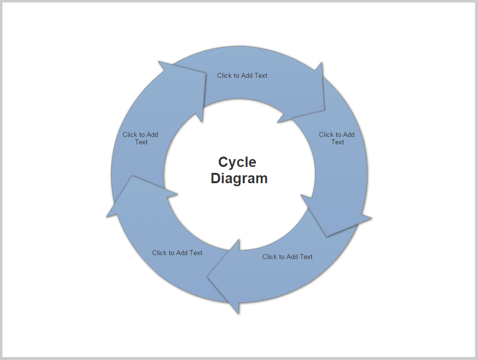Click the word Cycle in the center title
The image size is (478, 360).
[x=237, y=162]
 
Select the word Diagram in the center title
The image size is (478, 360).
[x=239, y=178]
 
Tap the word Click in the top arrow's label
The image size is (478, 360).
[x=224, y=75]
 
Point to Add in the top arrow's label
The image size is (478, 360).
[x=248, y=75]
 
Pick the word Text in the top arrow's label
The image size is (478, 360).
[x=261, y=75]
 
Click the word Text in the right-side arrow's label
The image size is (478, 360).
[x=338, y=142]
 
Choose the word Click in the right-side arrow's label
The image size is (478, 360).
[x=326, y=134]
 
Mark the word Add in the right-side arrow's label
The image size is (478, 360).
[x=349, y=134]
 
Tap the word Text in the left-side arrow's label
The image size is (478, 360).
[x=141, y=142]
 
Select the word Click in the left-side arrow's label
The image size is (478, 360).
[x=130, y=134]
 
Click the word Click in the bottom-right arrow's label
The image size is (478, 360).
[x=270, y=257]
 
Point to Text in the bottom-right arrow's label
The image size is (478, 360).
[x=306, y=257]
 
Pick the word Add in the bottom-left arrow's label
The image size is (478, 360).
[x=183, y=253]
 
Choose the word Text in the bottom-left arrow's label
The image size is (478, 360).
[x=196, y=253]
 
